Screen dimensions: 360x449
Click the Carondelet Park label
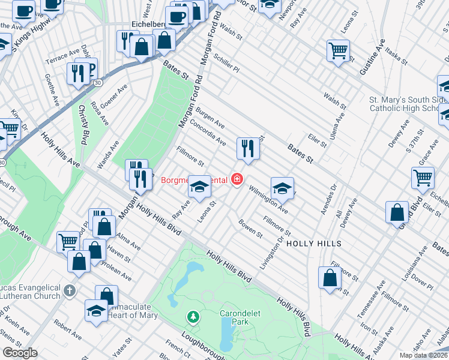pyautogui.click(x=234, y=317)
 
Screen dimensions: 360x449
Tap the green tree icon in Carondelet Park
pyautogui.click(x=193, y=316)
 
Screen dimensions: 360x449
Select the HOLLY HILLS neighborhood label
pyautogui.click(x=313, y=244)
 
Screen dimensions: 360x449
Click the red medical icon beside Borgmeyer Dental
pyautogui.click(x=237, y=179)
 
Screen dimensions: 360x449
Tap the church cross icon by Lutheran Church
pyautogui.click(x=70, y=290)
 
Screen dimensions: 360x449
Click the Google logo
pyautogui.click(x=20, y=353)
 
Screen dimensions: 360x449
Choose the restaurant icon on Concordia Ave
pyautogui.click(x=248, y=148)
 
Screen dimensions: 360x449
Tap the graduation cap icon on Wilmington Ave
pyautogui.click(x=282, y=188)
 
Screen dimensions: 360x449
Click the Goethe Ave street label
pyautogui.click(x=51, y=88)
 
